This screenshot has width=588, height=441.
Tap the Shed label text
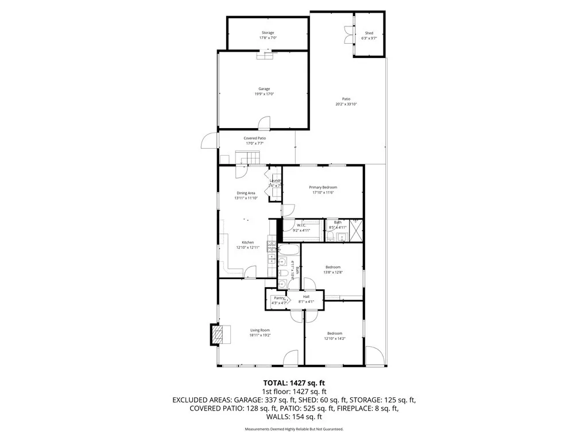(x=369, y=33)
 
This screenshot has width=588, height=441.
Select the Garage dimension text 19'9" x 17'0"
(x=264, y=94)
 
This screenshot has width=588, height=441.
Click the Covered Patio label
(x=254, y=138)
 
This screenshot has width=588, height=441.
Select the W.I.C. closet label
(x=300, y=225)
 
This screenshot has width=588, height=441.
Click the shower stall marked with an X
(x=355, y=231)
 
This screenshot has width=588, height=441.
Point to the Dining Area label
(x=246, y=193)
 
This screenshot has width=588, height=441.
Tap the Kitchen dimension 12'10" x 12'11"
(x=247, y=247)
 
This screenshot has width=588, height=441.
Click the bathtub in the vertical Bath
(x=287, y=253)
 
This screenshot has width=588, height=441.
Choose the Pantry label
(x=279, y=297)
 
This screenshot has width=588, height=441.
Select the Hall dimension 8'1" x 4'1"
(x=306, y=301)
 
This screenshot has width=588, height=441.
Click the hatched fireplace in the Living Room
(x=216, y=335)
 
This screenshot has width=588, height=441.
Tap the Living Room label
(x=260, y=330)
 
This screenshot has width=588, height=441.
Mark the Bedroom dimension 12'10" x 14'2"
(x=334, y=339)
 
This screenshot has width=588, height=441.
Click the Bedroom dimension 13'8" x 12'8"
(x=333, y=272)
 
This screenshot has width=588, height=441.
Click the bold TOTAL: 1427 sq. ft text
(x=294, y=382)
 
